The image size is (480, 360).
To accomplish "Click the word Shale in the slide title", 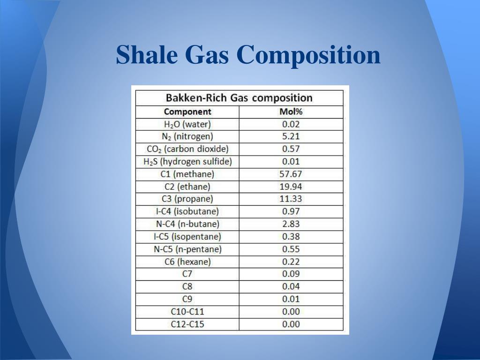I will point(146,55).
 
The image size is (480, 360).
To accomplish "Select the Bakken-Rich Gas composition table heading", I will point(239,98).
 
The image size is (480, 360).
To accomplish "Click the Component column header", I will point(187,112).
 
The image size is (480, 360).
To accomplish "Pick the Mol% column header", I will point(291,112).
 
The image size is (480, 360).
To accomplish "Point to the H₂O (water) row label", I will point(187,124).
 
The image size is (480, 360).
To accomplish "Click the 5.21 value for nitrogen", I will point(291,137).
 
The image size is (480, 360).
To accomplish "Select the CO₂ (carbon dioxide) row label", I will point(187,149).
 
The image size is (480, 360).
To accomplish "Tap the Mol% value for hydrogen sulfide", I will point(291,162).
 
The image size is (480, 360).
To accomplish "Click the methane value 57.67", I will point(291,174).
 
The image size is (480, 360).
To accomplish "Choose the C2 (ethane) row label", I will point(187,187).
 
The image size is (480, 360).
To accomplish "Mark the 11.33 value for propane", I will point(291,199).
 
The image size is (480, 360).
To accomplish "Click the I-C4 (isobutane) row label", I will point(187,211).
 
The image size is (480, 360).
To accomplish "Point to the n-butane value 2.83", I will point(291,224).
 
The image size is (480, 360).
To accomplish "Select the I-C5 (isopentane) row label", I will point(187,237).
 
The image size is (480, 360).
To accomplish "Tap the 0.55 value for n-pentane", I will point(291,249).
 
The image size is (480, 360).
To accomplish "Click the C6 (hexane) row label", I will point(187,262).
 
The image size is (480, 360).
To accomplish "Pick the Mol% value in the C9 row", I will point(291,299).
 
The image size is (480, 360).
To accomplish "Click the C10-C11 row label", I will point(187,311).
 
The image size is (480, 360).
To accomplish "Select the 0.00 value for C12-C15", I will point(291,324).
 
